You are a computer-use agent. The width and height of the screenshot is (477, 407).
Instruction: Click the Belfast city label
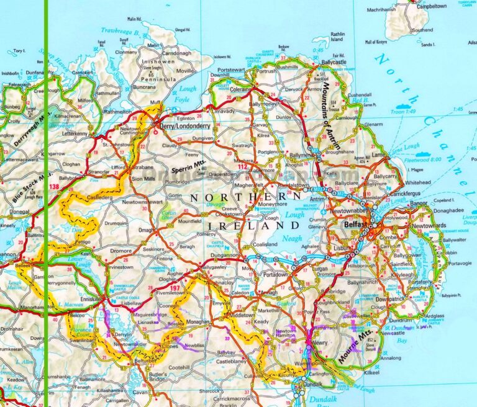[355, 223]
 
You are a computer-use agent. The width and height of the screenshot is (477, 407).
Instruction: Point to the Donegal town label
[19, 212]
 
